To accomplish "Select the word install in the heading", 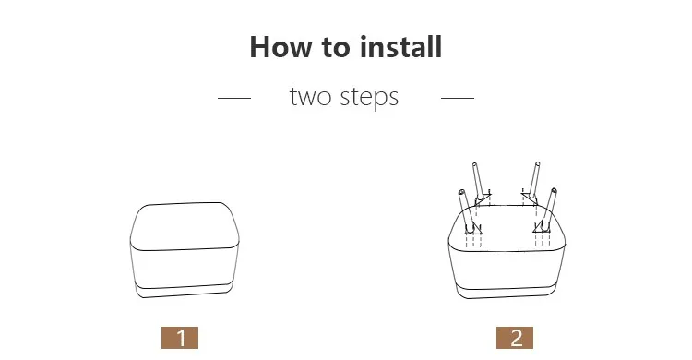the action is [400, 46].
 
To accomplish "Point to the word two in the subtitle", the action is [310, 97].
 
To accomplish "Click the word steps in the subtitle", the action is [369, 98].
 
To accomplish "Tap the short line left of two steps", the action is [234, 98].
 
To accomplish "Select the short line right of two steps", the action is [458, 98].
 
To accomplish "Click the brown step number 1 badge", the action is [180, 338].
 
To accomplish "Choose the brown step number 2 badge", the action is [515, 338].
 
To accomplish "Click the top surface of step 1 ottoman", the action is [185, 226].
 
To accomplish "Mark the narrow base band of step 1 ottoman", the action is [185, 290].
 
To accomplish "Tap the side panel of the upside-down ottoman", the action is [507, 270].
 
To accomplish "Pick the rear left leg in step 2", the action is [478, 182].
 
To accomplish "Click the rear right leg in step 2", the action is [534, 180].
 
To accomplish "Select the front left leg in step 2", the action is [467, 210].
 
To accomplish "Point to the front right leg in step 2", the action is [550, 209].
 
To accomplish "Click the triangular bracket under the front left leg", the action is [473, 229].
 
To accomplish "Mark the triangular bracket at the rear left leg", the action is [483, 198].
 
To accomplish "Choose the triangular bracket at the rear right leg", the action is [529, 197].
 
